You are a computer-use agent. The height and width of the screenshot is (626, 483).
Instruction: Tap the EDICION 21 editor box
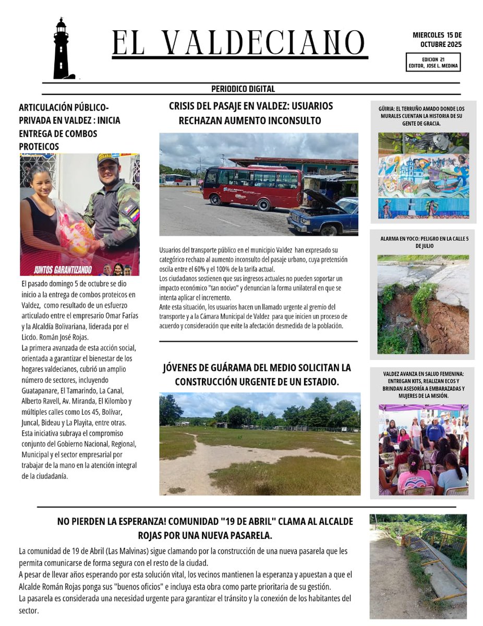tap(433, 63)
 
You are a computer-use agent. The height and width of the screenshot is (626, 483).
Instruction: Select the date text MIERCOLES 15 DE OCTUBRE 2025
tap(437, 40)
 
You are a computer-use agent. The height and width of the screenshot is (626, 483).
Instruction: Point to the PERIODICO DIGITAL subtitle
tap(243, 89)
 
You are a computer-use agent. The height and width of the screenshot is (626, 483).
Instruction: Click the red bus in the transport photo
tap(252, 187)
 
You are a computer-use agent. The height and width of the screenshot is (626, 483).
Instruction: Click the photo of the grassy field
tap(260, 443)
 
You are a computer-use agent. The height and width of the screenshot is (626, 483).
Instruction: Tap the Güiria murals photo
tap(423, 175)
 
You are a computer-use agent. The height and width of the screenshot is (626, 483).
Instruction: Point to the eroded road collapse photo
tap(423, 305)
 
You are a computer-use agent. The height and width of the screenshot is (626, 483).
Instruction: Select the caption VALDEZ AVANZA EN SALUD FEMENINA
tap(423, 385)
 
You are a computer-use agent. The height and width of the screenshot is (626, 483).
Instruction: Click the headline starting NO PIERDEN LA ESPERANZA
tap(205, 528)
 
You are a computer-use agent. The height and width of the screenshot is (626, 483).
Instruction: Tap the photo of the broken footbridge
tap(418, 566)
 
